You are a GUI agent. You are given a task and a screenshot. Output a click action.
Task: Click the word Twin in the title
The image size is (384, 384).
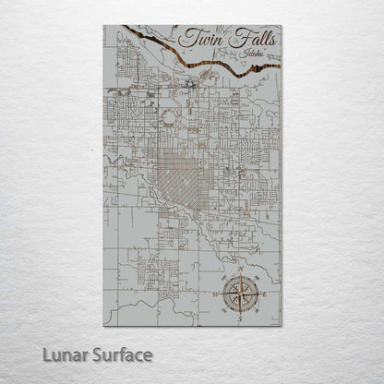pos(198,39)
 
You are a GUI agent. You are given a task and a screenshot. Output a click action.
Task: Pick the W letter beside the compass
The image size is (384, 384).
pos(215,294)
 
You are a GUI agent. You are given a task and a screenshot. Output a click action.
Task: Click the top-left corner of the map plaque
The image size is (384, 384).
pos(103,26)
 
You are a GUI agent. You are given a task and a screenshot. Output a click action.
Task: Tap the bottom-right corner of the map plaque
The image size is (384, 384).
pos(282,325)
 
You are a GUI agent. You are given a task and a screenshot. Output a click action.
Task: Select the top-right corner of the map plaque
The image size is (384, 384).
pos(282,26)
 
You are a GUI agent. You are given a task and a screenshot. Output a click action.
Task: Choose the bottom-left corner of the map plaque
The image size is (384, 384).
pos(103,325)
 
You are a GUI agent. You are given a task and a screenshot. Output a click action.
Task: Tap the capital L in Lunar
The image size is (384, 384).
pos(59,354)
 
